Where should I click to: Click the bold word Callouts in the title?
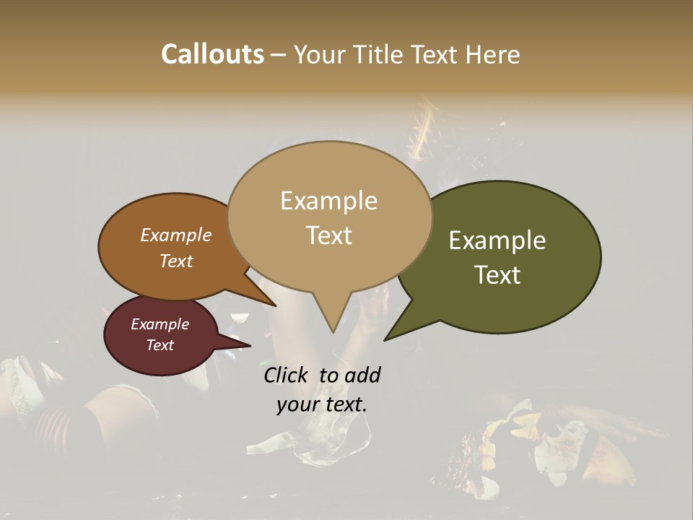212,54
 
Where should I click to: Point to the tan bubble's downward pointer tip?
333,331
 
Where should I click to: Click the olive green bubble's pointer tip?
385,339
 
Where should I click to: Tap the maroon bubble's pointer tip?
250,345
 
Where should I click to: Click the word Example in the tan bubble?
328,200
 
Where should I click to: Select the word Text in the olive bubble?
498,275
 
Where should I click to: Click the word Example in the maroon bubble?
160,324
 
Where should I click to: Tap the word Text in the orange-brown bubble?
176,261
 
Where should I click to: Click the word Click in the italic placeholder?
286,375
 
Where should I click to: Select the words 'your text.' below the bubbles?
322,404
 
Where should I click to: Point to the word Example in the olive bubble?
497,240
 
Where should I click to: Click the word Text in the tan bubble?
329,235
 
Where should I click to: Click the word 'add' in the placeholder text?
362,375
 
